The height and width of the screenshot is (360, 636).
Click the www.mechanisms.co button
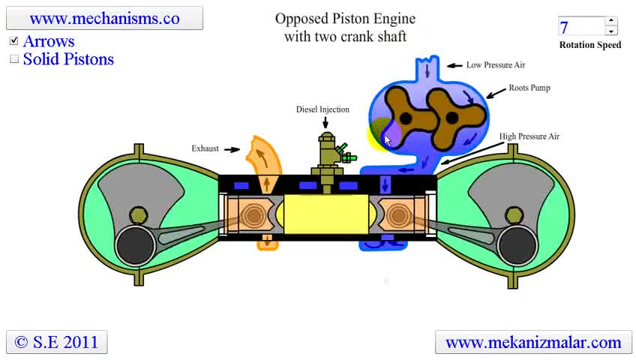pos(104,18)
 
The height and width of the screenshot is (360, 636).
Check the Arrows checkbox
pos(14,41)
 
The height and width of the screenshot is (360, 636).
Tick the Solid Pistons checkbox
pos(14,59)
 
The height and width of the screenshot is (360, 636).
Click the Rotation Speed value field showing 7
pos(580,27)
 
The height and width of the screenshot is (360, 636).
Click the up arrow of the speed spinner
pos(611,21)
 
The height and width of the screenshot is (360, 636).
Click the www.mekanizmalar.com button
pos(533,343)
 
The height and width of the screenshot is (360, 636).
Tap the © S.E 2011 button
pos(57,342)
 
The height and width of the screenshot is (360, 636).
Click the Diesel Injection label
pos(322,109)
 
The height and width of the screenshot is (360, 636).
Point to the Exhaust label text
pos(205,148)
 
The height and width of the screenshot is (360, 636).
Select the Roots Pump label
pos(529,88)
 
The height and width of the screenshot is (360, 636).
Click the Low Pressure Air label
pos(496,65)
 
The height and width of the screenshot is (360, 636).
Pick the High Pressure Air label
pos(529,136)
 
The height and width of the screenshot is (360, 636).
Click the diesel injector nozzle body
pos(326,154)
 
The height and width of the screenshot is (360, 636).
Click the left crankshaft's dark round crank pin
pos(135,243)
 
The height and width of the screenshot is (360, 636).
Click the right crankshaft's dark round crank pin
pos(516,243)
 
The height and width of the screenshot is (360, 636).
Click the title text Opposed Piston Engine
pos(345,19)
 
